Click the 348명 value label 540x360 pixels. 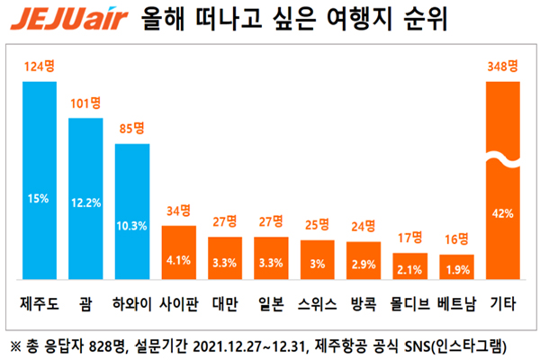tap(502, 67)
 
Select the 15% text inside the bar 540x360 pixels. tap(40, 199)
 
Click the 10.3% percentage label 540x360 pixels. tap(132, 225)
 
